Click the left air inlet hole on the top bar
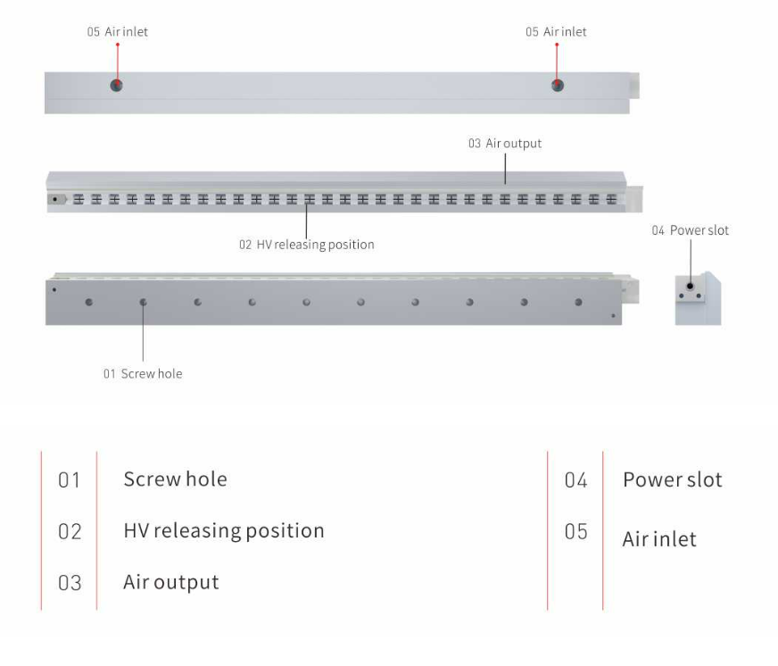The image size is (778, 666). tap(116, 85)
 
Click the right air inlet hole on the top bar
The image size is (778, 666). tap(557, 85)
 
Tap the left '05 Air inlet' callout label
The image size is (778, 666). tap(118, 32)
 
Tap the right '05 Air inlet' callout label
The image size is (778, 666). tap(556, 32)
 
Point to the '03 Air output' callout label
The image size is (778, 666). tap(504, 143)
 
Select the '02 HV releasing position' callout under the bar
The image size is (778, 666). tap(306, 245)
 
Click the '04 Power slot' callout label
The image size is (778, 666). tap(690, 230)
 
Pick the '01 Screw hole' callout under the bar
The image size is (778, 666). tap(143, 374)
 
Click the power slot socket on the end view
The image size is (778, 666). tap(690, 286)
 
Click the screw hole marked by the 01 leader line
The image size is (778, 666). tap(143, 303)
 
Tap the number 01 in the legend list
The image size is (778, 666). tap(70, 480)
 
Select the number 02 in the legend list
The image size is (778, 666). tap(70, 532)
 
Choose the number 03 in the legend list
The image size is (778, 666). tap(70, 584)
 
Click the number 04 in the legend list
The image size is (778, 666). tap(575, 480)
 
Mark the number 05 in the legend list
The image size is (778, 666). tap(575, 532)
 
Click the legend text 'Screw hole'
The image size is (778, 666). tap(175, 479)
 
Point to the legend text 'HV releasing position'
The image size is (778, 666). tap(223, 531)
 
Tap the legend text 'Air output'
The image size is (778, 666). tap(170, 583)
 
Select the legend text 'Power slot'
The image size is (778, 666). tap(672, 479)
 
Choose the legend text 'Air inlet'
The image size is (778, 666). tap(658, 539)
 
